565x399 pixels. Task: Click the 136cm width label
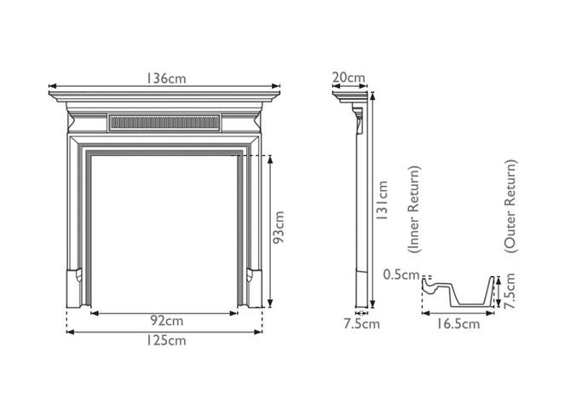click(165, 78)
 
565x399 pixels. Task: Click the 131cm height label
click(383, 200)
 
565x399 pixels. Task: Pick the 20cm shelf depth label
click(348, 78)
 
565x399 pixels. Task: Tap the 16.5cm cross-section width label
click(459, 323)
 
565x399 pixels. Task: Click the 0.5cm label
click(401, 275)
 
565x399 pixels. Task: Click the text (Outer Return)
click(510, 205)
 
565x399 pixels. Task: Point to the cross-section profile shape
click(460, 295)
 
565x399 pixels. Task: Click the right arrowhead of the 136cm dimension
click(278, 85)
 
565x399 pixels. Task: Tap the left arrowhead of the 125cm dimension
click(69, 332)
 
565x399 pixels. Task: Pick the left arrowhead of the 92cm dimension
click(92, 313)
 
